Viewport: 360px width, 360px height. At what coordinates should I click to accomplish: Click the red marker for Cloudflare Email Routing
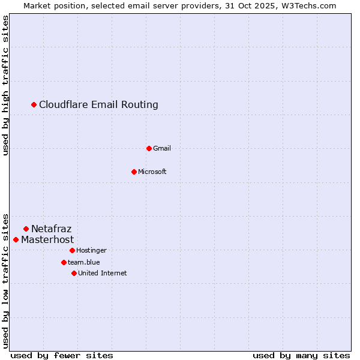[34, 105]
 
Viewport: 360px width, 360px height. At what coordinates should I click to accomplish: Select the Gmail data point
[149, 148]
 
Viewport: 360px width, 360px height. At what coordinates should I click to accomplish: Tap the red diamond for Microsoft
[134, 172]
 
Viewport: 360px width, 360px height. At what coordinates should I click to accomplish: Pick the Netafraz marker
[26, 229]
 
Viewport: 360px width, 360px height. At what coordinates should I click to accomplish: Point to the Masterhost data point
[16, 239]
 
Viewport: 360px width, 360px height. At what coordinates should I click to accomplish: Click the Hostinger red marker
[72, 250]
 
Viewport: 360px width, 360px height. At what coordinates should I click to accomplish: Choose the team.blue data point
[64, 262]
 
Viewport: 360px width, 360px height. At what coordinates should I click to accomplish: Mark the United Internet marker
[74, 273]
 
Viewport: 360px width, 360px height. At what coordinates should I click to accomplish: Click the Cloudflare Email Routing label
[98, 105]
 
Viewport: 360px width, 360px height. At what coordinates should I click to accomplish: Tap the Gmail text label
[162, 148]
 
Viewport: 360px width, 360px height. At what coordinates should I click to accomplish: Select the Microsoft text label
[152, 172]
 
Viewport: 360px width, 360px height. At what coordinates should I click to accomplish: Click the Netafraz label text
[52, 229]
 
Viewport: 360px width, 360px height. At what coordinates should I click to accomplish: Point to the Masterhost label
[47, 239]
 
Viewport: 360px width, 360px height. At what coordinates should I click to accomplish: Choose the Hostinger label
[91, 250]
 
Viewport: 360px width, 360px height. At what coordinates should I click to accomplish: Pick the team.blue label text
[84, 262]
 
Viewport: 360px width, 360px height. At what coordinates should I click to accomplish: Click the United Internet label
[103, 273]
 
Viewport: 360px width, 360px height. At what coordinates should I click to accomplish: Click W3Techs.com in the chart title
[307, 5]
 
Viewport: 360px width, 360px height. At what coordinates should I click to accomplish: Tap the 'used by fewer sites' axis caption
[62, 355]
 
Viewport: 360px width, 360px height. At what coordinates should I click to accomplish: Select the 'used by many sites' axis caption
[301, 355]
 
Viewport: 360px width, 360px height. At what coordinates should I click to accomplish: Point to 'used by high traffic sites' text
[6, 86]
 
